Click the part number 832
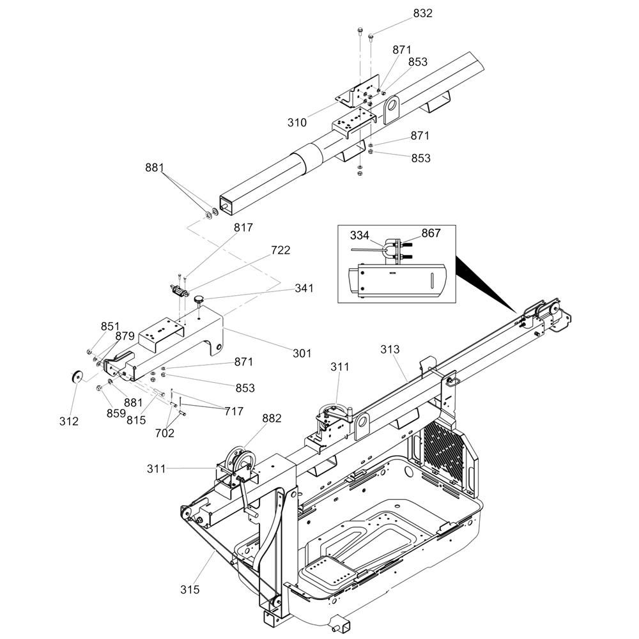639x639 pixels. [422, 13]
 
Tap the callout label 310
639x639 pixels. [297, 122]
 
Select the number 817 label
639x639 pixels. [243, 227]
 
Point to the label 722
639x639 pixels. [281, 250]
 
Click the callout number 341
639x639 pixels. [304, 288]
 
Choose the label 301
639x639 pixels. [302, 353]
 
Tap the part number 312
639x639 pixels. [69, 421]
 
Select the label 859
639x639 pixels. [116, 413]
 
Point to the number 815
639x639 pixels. [136, 420]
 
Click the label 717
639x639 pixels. [234, 412]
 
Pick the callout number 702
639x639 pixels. [165, 433]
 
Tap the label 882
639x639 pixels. [272, 419]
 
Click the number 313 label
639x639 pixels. [390, 350]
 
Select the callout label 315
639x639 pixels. [190, 589]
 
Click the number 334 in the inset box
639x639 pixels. [359, 236]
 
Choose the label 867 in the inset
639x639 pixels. [431, 233]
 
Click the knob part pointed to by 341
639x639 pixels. [199, 300]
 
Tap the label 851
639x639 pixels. [111, 327]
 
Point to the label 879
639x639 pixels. [125, 336]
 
